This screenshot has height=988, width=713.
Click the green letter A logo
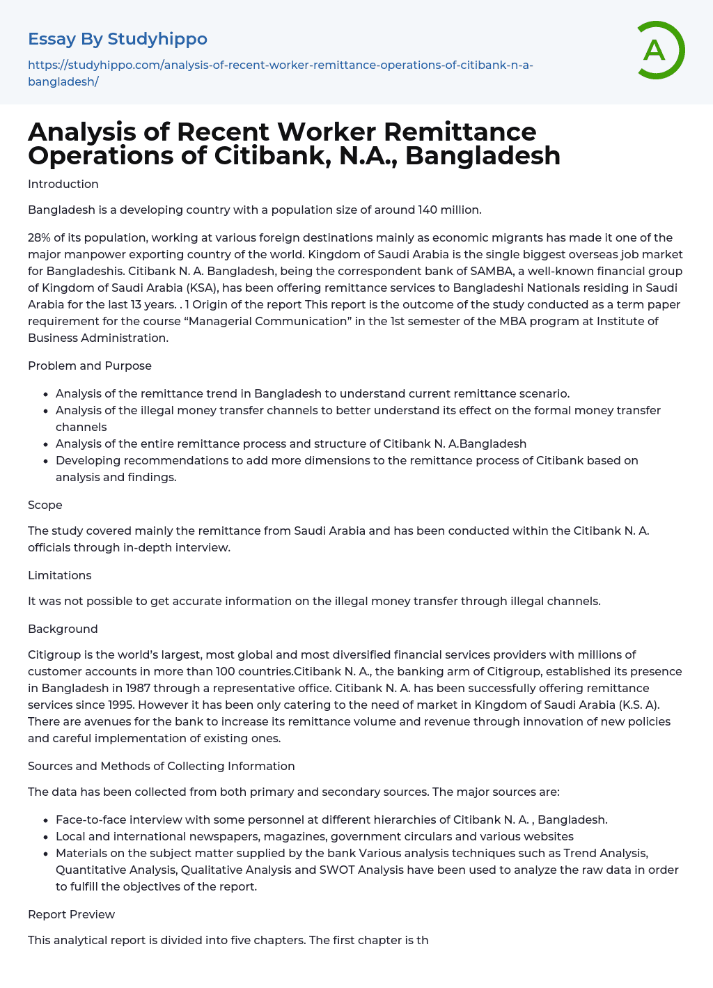tap(657, 50)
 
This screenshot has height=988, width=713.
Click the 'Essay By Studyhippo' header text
tap(118, 39)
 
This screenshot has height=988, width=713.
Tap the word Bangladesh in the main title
tap(483, 155)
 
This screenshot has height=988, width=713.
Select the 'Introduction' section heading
tap(63, 184)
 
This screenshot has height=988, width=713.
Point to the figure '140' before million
tap(428, 210)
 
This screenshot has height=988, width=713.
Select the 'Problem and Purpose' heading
tap(90, 366)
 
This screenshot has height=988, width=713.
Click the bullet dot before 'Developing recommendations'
tap(47, 461)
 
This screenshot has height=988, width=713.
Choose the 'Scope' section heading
tap(45, 505)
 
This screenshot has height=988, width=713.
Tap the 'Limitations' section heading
tap(60, 575)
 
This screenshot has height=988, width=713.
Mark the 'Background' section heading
tap(63, 629)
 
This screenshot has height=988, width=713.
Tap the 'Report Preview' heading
tap(72, 914)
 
